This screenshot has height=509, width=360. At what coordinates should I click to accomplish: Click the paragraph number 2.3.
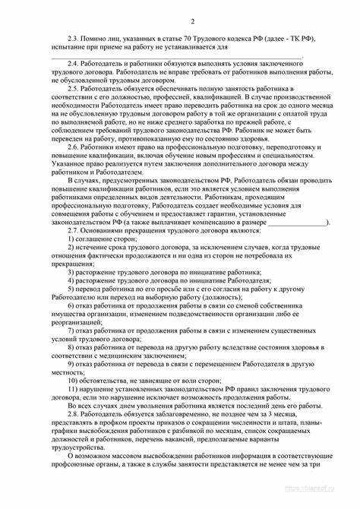(x=74, y=36)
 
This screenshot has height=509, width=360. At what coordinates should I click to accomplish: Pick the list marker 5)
(x=71, y=289)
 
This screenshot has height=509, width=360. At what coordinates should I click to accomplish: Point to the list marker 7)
(x=71, y=331)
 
